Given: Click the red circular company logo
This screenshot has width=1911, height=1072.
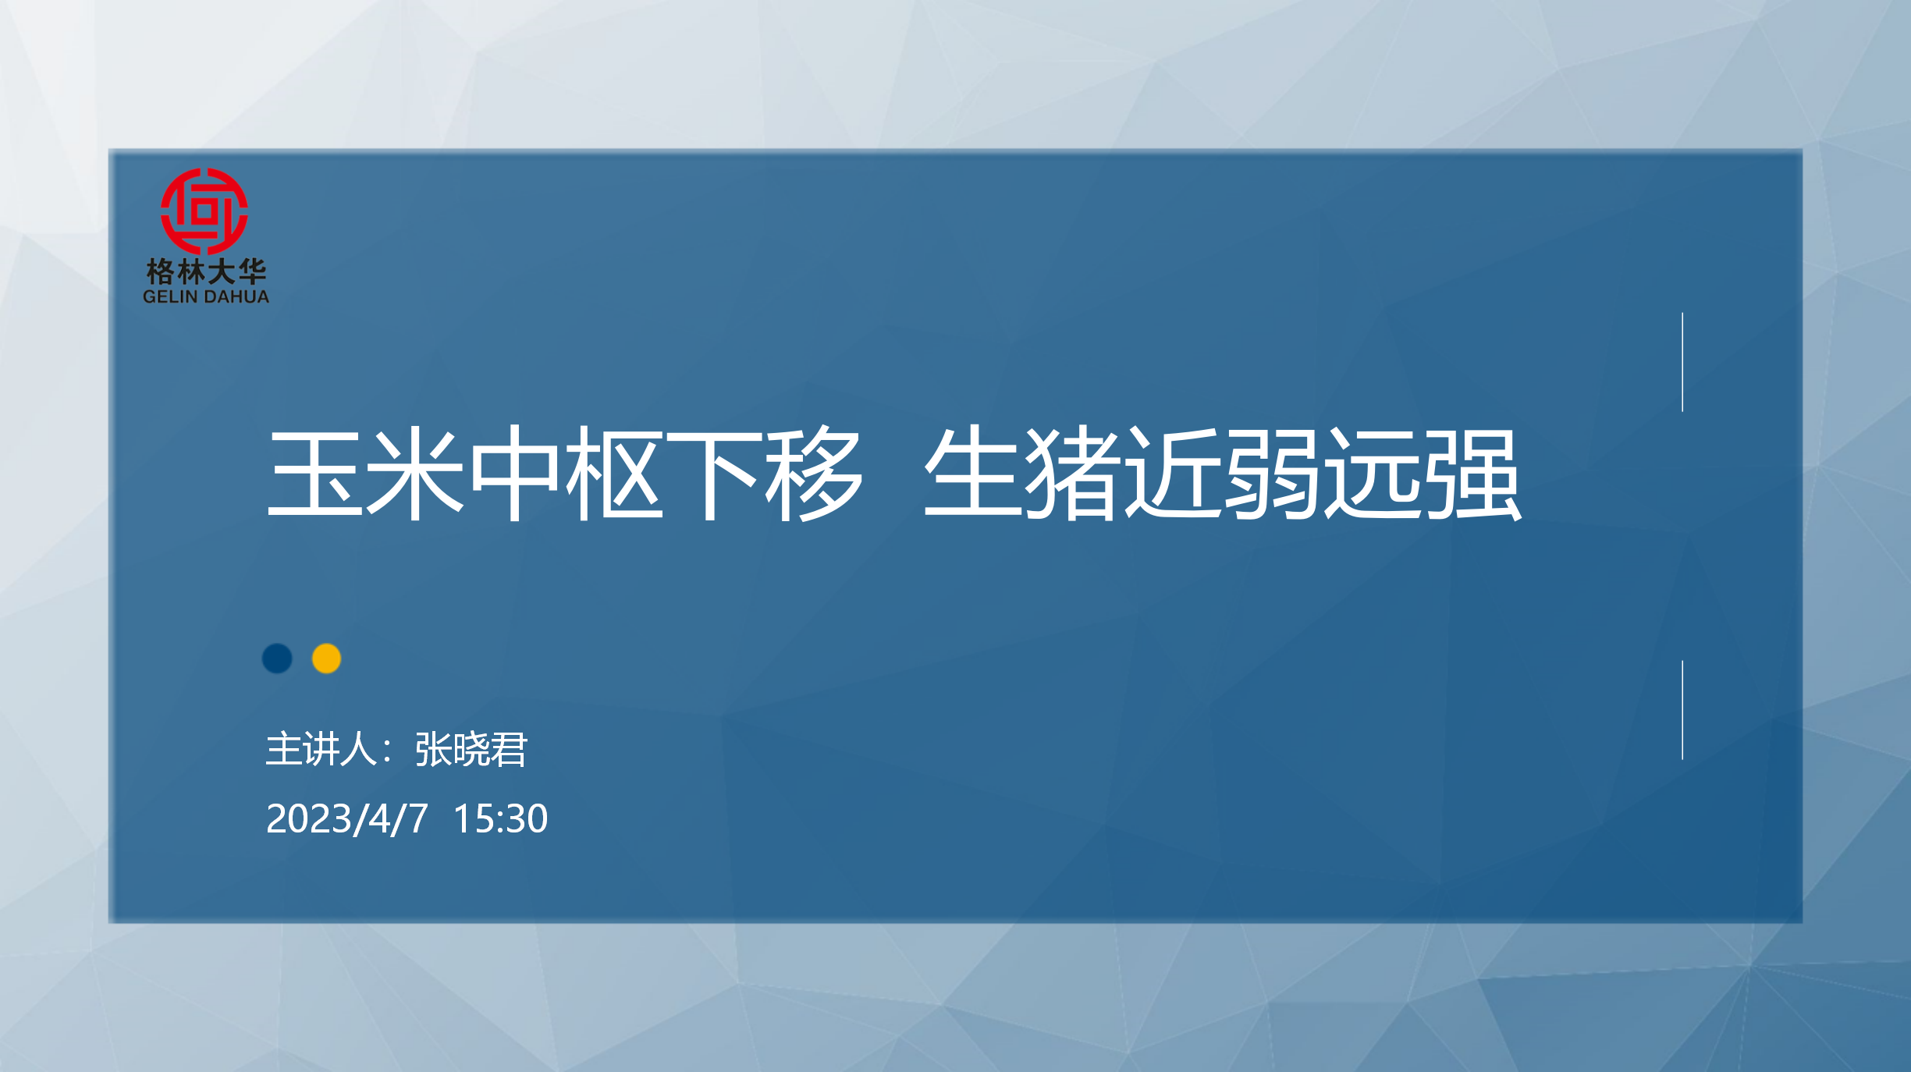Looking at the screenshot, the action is (x=204, y=211).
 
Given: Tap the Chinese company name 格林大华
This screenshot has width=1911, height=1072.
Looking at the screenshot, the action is (x=206, y=272).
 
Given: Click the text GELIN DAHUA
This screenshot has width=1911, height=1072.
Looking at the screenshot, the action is (x=206, y=297).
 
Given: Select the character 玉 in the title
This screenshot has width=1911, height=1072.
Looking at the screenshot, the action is (x=315, y=473).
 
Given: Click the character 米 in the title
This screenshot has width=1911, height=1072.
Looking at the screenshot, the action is (x=415, y=473).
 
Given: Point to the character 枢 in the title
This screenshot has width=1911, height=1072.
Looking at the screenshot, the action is (x=614, y=473).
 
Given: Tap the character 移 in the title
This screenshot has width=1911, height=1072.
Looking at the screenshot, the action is (x=814, y=473).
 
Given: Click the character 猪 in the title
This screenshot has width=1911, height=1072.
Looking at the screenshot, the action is (x=1073, y=473).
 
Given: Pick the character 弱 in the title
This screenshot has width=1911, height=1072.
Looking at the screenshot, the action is (x=1272, y=473).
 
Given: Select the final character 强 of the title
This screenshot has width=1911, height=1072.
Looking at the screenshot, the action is (x=1472, y=473).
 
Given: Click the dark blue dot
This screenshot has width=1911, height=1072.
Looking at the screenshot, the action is (x=277, y=658).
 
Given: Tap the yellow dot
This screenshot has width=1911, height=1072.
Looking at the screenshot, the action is (x=326, y=658).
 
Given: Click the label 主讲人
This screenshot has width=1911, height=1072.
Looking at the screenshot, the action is (x=322, y=750).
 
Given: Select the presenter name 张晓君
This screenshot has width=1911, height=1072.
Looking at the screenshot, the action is (x=471, y=750).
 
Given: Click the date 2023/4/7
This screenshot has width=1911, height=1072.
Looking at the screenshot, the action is (x=347, y=818).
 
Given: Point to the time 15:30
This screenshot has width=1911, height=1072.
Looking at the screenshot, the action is (x=500, y=818).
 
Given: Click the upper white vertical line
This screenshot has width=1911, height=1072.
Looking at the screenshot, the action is (x=1682, y=362).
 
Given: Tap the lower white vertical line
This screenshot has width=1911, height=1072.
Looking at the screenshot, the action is (x=1682, y=710).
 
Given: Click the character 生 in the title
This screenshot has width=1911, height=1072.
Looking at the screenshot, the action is (x=973, y=473).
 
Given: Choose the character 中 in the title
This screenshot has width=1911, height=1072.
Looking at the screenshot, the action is (x=515, y=473).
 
